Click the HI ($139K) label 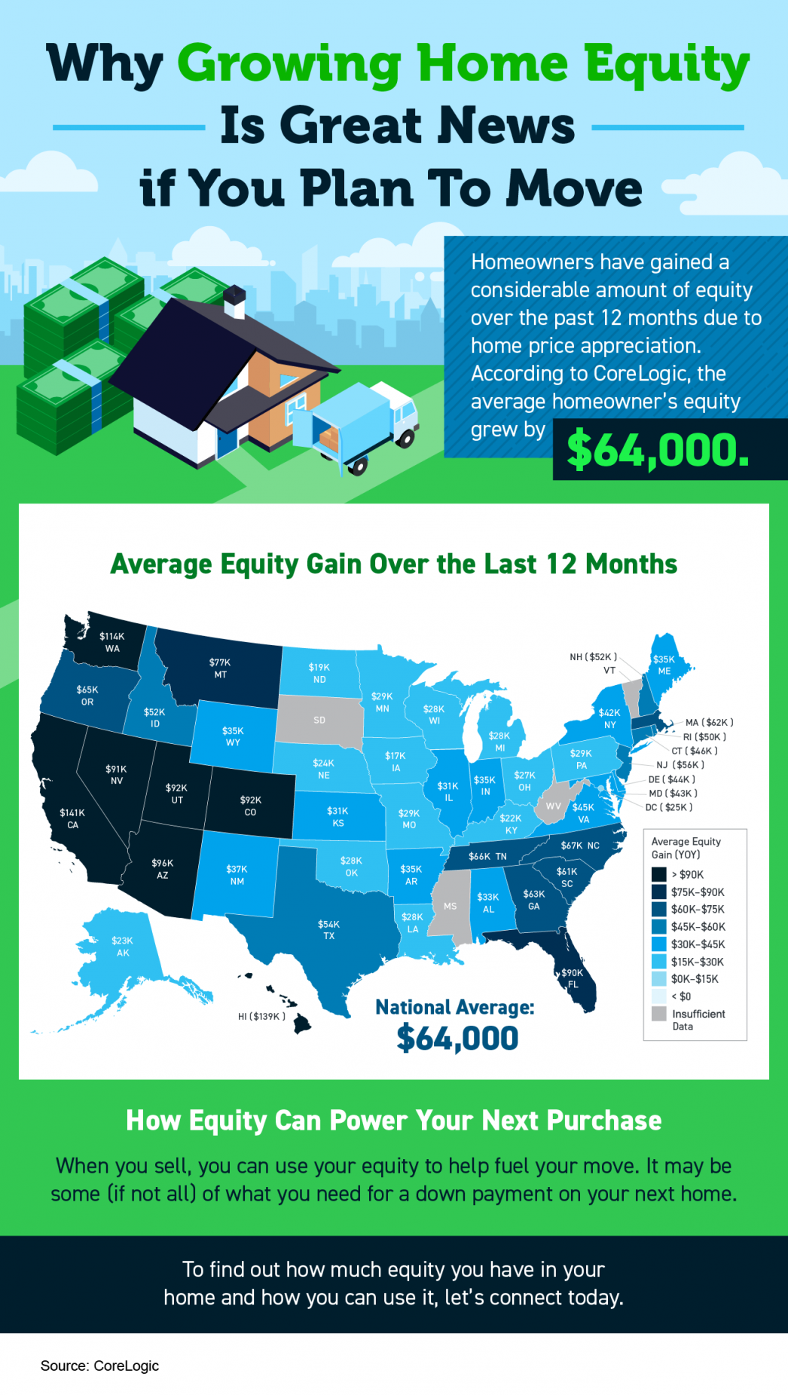click(x=261, y=1017)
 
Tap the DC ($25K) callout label click(x=668, y=807)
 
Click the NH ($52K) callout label click(x=593, y=657)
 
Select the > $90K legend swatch click(x=659, y=874)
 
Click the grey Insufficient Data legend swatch click(x=659, y=1014)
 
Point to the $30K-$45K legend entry click(x=698, y=944)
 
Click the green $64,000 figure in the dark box click(x=658, y=450)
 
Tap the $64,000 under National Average click(x=457, y=1039)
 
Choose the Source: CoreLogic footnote click(x=99, y=1366)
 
